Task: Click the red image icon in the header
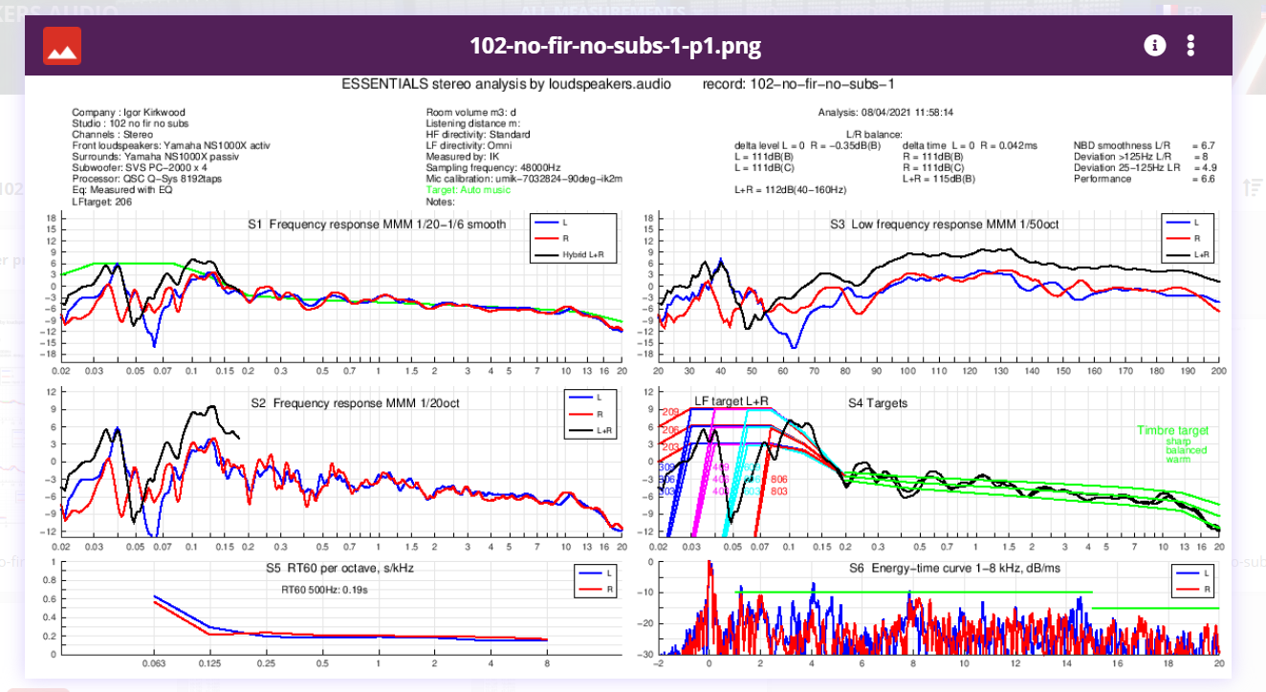pos(62,46)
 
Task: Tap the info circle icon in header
pos(1154,45)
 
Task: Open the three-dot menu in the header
pos(1190,45)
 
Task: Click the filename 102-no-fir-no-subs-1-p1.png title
pos(615,46)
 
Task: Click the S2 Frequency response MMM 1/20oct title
pos(356,403)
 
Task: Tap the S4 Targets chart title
pos(878,403)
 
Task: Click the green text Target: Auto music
pos(469,190)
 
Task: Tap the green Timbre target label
pos(1173,431)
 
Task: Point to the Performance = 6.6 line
pos(1144,179)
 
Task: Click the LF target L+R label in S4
pos(731,402)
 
